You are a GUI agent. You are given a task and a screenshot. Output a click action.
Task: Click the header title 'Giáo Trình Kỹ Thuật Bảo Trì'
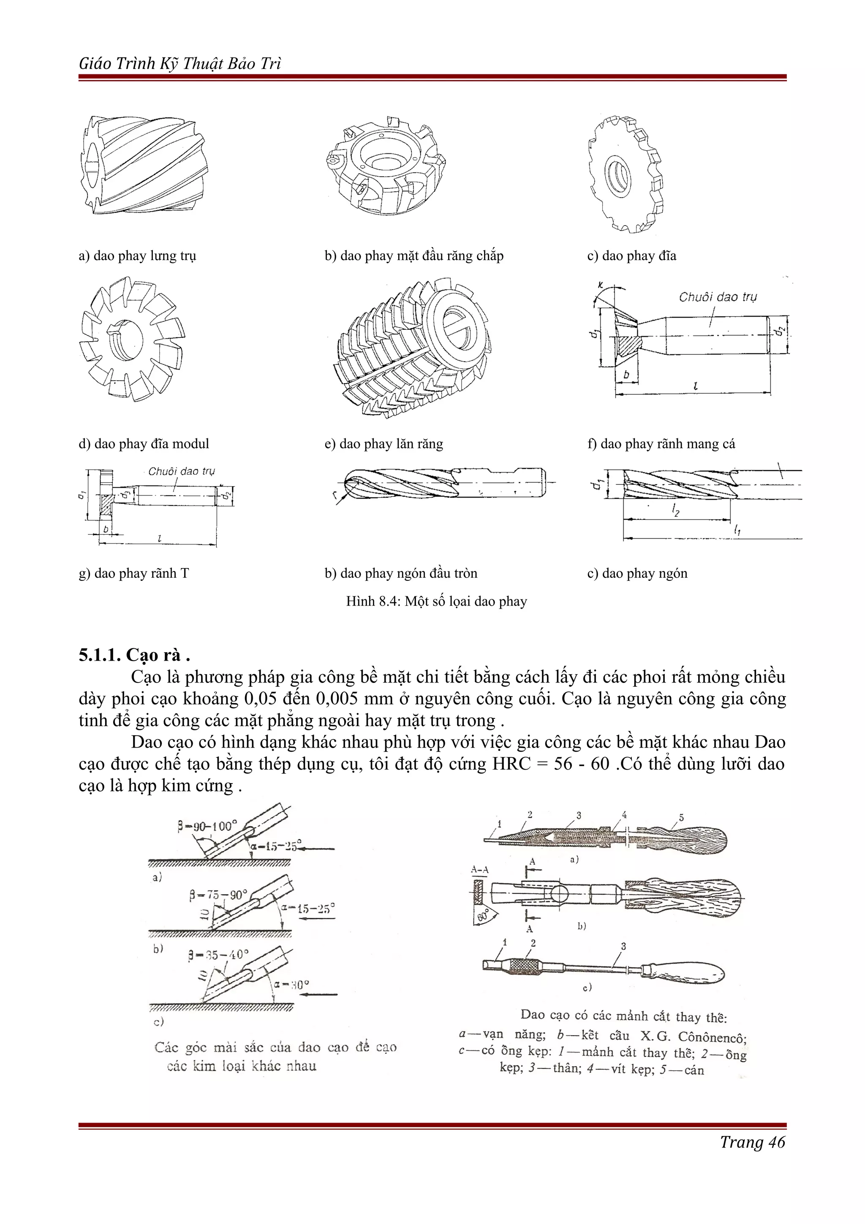(180, 63)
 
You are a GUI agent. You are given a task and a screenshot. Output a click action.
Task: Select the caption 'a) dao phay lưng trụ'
(138, 256)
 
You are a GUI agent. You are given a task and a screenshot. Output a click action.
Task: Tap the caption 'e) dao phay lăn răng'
(384, 443)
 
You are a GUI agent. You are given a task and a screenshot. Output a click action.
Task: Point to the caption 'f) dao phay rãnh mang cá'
(661, 443)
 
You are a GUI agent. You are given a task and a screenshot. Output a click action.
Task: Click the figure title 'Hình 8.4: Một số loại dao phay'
(436, 601)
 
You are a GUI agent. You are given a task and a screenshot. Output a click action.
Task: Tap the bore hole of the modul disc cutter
(127, 339)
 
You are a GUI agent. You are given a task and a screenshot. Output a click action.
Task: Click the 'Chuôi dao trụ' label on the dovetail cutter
(717, 297)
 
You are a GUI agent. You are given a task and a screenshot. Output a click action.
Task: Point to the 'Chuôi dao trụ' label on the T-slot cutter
(181, 471)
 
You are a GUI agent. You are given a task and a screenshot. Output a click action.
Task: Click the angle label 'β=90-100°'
(207, 826)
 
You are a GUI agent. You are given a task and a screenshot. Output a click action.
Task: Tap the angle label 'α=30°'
(291, 984)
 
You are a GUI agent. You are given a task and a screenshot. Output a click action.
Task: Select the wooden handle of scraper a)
(688, 840)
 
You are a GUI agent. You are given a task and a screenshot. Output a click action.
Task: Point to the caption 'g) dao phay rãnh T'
(134, 573)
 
